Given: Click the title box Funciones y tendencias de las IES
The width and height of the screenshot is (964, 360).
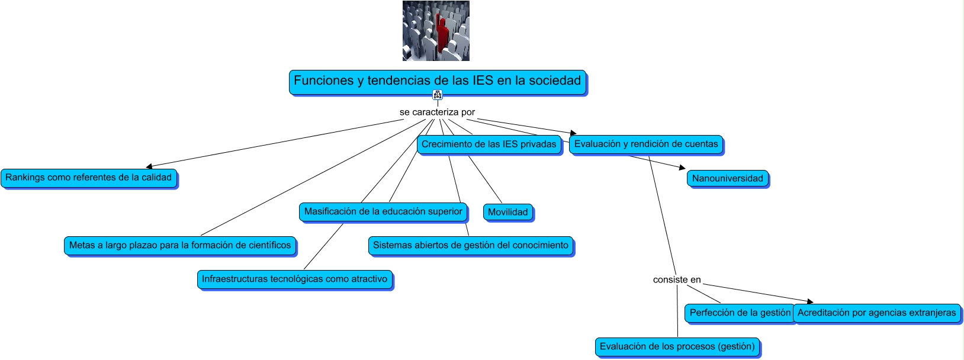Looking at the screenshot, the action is click(x=438, y=81).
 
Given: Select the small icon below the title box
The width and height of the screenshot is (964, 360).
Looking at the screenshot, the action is click(x=438, y=95).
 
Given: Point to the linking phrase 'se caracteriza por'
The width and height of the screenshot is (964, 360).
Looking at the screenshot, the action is click(x=437, y=112).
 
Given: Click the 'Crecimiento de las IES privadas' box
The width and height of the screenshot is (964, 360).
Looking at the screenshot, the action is click(x=489, y=144).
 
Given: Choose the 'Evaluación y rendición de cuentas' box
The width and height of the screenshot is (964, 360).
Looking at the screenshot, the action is click(x=646, y=144).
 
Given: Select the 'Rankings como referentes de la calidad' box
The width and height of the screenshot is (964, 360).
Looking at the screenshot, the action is click(x=89, y=178).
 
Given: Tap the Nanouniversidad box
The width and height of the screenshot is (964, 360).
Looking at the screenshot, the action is click(x=728, y=178).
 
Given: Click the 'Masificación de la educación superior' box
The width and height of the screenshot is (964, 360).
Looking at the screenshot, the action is click(x=383, y=211).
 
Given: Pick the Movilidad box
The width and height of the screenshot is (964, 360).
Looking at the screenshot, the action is click(x=508, y=212).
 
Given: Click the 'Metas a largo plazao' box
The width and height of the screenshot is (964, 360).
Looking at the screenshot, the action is click(x=180, y=245).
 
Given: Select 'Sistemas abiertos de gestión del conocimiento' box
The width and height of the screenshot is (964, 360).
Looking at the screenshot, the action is click(x=471, y=245).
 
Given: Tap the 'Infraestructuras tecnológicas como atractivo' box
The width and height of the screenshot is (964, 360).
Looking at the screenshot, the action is click(x=295, y=279).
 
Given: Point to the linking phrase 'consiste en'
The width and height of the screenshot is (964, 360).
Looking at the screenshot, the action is click(x=677, y=279).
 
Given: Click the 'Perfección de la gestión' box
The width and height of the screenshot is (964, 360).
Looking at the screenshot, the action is click(x=740, y=313).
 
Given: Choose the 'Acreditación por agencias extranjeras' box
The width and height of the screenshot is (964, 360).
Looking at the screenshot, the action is click(x=877, y=313).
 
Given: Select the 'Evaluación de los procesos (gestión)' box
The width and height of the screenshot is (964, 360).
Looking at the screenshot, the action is click(x=677, y=346).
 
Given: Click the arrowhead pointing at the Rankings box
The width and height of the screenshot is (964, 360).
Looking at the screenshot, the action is click(x=149, y=166).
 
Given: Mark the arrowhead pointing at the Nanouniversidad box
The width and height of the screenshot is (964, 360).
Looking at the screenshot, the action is click(x=682, y=168).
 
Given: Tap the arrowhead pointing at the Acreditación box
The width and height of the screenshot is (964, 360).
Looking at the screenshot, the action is click(x=810, y=302).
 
